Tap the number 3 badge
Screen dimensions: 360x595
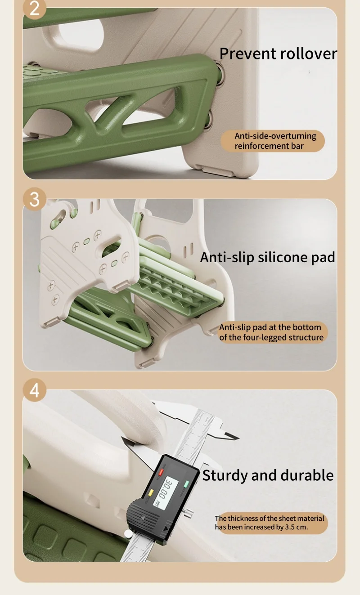click(35, 199)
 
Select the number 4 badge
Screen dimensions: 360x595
click(35, 390)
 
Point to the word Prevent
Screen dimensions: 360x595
click(248, 54)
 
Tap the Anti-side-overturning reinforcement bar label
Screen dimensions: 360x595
click(273, 141)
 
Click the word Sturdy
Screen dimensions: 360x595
click(225, 475)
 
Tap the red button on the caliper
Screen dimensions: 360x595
click(161, 472)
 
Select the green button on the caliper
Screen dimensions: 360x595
click(186, 484)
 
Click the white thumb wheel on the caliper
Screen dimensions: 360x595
click(128, 533)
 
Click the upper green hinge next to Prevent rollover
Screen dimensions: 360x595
click(220, 73)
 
